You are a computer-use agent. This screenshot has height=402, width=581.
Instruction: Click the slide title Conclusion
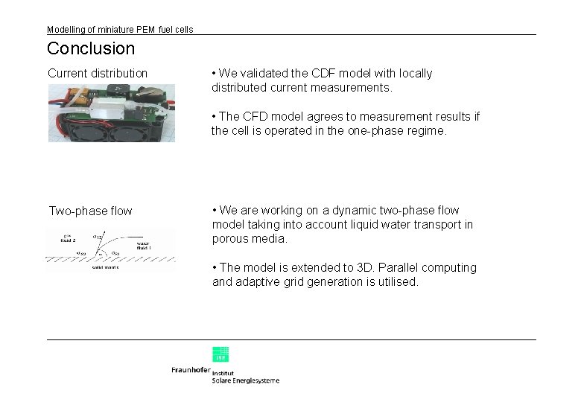(x=91, y=49)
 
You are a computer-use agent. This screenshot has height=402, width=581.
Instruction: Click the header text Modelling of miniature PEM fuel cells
(x=120, y=30)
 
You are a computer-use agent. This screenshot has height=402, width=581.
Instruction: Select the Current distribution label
(x=98, y=73)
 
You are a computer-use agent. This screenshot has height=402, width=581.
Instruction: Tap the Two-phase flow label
(x=90, y=211)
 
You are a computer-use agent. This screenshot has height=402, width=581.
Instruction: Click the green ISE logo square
(x=220, y=354)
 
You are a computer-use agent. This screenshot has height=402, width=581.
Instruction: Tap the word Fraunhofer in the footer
(x=191, y=370)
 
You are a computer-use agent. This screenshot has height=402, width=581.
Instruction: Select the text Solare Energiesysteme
(x=246, y=380)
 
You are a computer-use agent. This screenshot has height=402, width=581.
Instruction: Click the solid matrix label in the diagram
(x=107, y=267)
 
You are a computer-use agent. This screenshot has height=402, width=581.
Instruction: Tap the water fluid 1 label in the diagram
(x=146, y=245)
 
